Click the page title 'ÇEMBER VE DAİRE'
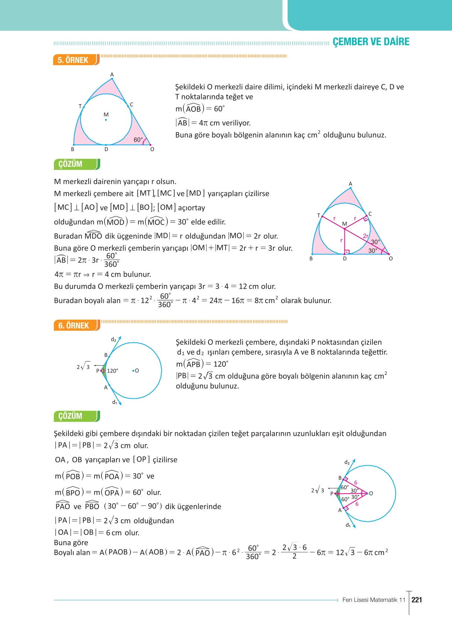[371, 42]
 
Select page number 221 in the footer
[417, 600]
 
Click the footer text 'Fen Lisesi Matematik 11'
[374, 600]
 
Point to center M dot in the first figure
[106, 120]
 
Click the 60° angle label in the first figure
[138, 140]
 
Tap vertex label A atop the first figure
[112, 75]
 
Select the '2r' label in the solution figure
[366, 236]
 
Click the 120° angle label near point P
[112, 371]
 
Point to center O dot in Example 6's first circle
[134, 370]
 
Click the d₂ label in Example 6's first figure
[113, 340]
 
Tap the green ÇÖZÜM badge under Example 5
[76, 164]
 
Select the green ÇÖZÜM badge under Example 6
[76, 416]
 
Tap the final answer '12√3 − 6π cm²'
[362, 552]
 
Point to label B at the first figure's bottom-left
[73, 149]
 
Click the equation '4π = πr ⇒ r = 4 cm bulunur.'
[103, 274]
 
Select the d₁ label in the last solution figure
[348, 525]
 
